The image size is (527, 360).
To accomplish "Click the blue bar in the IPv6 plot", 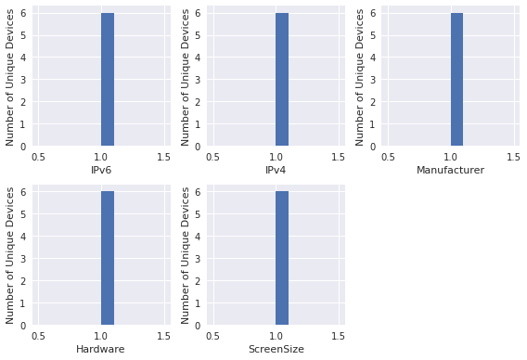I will coord(108,79).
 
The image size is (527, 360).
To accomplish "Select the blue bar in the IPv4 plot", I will coord(282,79).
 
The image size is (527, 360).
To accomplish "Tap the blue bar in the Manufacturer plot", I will coord(456,79).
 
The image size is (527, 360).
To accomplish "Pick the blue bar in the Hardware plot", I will coord(108,257).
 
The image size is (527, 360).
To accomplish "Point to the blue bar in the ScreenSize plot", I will coord(282,257).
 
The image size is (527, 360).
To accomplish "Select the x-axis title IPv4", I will coord(276,171).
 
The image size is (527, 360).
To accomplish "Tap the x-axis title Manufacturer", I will coord(450,171).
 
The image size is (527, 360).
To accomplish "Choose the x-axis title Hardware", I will coord(100,349).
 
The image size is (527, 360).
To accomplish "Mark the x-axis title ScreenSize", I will coord(276,349).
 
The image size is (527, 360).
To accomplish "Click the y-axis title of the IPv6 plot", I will coord(12,77).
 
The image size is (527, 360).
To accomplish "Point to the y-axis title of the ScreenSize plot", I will coord(186,255).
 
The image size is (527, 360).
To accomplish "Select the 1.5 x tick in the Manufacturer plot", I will coord(512,157).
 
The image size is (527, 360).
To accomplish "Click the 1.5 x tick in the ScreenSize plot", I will coord(338,335).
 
